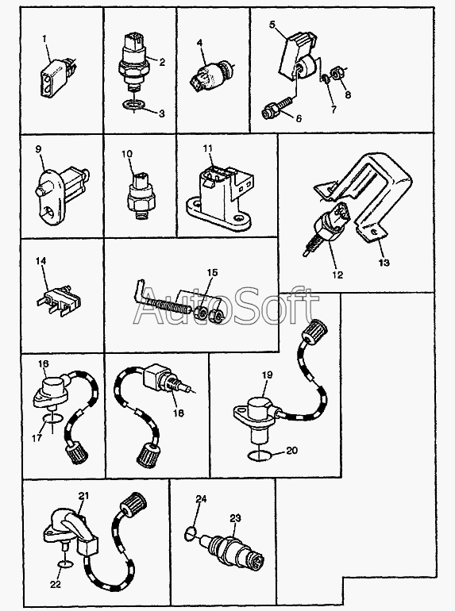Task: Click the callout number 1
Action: coord(44,39)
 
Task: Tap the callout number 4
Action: coord(200,43)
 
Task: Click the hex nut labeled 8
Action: coord(337,73)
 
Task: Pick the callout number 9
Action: coord(38,149)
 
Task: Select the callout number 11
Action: coord(208,148)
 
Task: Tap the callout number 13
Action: coord(384,262)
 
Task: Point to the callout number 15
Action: coord(213,272)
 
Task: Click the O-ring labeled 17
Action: coord(52,419)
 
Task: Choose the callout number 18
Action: coord(178,413)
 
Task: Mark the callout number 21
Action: coord(83,496)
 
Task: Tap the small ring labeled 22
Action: coord(66,564)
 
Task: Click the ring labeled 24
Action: coord(189,533)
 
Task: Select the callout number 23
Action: coord(235,518)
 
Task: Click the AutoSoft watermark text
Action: coord(225,306)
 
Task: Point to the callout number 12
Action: coord(337,275)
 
